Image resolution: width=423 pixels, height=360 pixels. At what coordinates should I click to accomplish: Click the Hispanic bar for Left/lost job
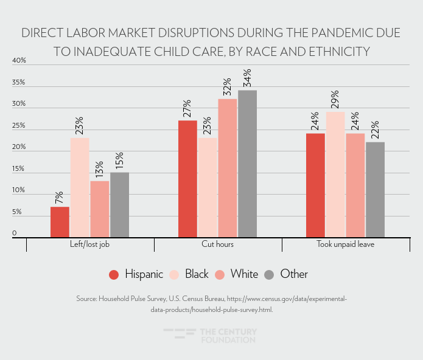tap(60, 222)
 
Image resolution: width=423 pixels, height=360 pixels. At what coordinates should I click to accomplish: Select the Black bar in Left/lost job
tap(80, 187)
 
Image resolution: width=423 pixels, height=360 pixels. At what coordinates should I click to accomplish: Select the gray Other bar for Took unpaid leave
tap(375, 189)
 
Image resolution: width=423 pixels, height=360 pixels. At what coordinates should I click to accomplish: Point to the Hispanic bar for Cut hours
tap(187, 178)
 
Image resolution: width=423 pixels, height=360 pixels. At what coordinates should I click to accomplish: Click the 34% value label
tap(247, 78)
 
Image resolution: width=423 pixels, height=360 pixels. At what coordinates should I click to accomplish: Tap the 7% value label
tap(60, 198)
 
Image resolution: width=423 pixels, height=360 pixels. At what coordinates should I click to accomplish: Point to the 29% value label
tap(335, 100)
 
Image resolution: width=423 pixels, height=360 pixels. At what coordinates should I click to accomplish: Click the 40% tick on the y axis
tap(19, 61)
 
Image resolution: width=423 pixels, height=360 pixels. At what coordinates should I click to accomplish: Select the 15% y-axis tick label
tap(19, 169)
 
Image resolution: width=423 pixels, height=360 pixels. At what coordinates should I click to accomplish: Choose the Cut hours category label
tap(217, 244)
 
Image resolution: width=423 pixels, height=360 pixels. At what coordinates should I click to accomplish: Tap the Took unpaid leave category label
tap(345, 244)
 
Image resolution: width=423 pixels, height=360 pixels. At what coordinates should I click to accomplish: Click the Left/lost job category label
tap(89, 244)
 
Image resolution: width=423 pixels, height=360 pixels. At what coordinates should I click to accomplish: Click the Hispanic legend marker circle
tap(114, 274)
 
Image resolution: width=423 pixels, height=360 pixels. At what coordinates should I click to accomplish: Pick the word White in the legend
tap(244, 274)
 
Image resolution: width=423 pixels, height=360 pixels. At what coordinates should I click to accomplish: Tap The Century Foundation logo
tap(210, 336)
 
